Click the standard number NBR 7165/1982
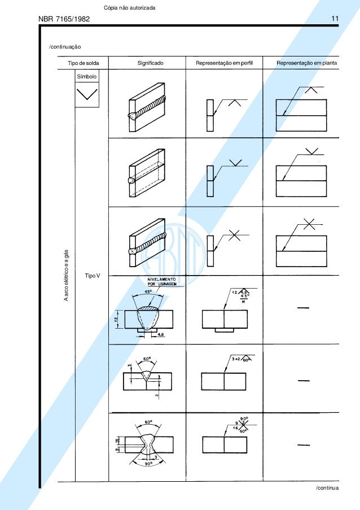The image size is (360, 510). point(64,20)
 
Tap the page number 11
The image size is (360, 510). point(335,19)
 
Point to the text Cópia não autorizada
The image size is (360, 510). point(130,7)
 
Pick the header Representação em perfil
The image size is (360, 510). point(224,63)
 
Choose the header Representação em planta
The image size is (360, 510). point(307,63)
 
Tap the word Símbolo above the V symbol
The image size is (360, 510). point(86,76)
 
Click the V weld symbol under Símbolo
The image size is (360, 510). point(86,95)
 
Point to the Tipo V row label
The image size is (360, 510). point(92,275)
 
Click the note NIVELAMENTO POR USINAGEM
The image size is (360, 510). point(162,281)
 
